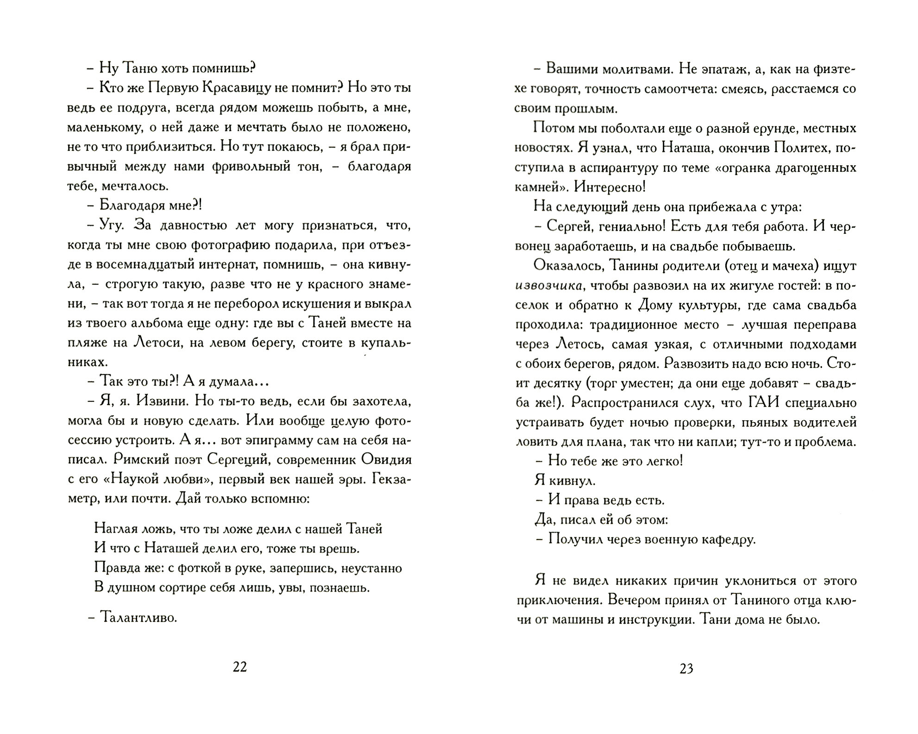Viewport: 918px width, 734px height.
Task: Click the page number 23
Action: [x=686, y=669]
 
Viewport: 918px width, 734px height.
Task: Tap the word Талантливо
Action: [x=138, y=618]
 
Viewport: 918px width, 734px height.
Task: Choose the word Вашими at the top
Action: [x=573, y=69]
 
